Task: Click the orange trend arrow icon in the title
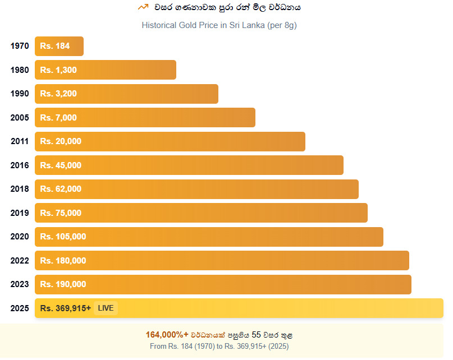143,7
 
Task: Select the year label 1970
20,46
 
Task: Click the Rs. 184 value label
55,46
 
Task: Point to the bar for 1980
106,70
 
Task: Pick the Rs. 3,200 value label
58,94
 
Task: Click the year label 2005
20,118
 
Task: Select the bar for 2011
170,141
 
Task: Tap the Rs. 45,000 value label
61,165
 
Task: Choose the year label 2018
20,189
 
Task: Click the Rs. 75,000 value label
61,213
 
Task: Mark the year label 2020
20,237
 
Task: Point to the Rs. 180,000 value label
63,260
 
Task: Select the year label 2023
20,284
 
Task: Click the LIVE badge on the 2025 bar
106,308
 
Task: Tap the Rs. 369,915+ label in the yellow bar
66,308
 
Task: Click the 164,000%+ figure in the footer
167,335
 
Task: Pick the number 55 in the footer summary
257,335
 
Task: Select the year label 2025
20,308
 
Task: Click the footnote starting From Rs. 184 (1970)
219,346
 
